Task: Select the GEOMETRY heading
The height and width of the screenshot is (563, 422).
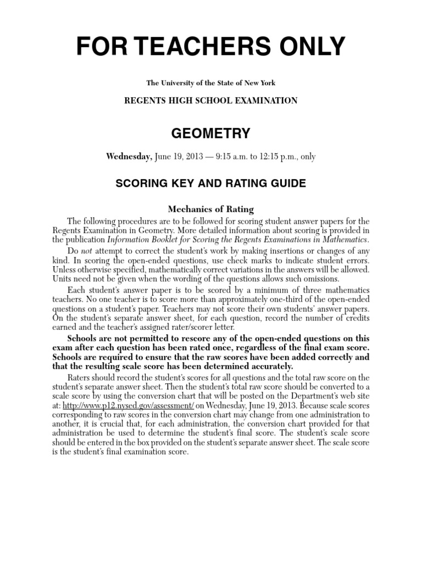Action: point(211,134)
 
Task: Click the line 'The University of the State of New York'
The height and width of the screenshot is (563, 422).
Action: point(211,83)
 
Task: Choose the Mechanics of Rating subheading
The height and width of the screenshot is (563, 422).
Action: point(211,209)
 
